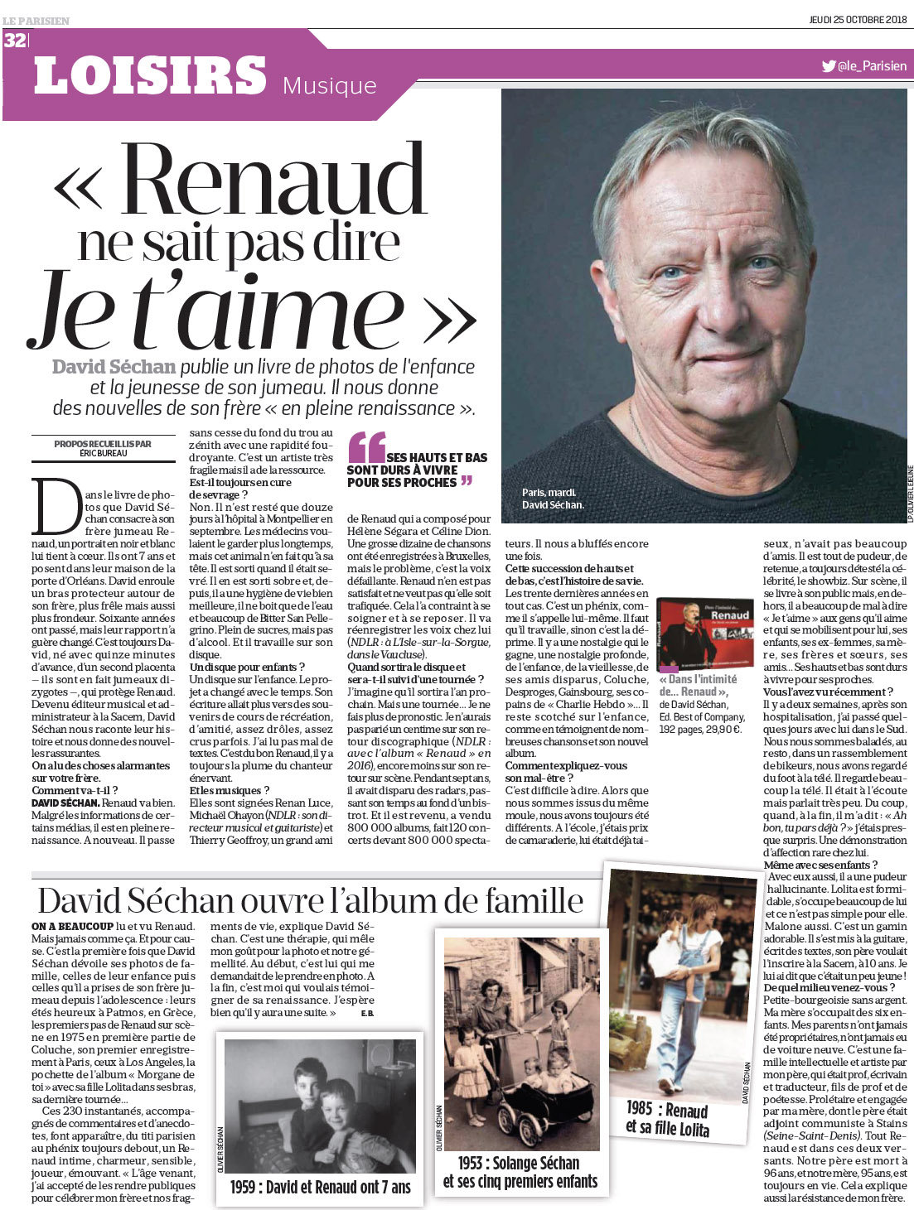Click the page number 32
[x=15, y=40]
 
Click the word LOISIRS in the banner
[x=150, y=76]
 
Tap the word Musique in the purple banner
[x=329, y=85]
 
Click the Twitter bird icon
[x=828, y=66]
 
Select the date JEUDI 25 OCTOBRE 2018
[x=858, y=19]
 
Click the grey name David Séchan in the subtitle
[x=114, y=367]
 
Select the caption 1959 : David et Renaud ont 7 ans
[x=320, y=1187]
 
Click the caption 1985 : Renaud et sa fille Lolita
[x=667, y=1118]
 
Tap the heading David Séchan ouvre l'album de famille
[x=310, y=901]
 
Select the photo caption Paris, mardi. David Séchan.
[x=553, y=499]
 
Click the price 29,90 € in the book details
[x=723, y=730]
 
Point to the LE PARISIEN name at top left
[x=36, y=21]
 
